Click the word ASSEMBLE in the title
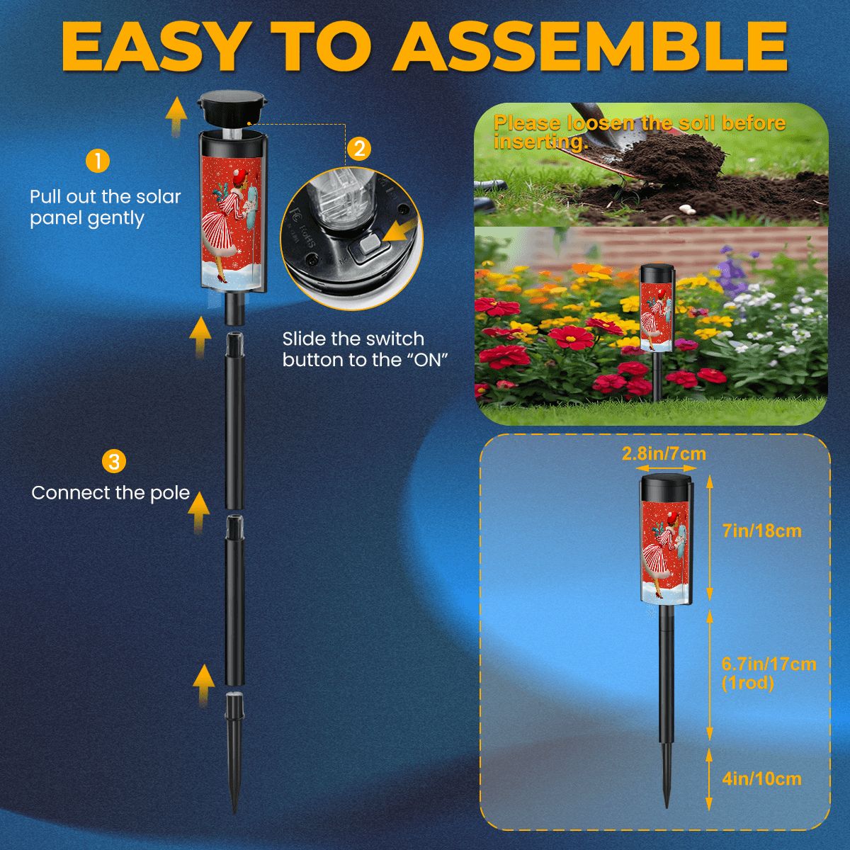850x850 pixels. [590, 46]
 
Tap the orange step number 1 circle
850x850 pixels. [98, 161]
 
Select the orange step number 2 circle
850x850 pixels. [359, 149]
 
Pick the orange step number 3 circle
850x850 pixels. [114, 461]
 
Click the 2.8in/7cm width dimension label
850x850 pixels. [664, 453]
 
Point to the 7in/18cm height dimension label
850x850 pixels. [761, 531]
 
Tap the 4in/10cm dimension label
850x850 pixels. [761, 778]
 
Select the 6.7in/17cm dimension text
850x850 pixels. [769, 664]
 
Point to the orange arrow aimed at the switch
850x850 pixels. [399, 232]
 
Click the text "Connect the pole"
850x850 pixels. [110, 493]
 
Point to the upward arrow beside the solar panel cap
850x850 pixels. [176, 116]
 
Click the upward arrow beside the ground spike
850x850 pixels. [204, 686]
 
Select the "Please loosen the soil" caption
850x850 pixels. [640, 132]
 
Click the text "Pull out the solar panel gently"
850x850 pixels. [105, 208]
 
